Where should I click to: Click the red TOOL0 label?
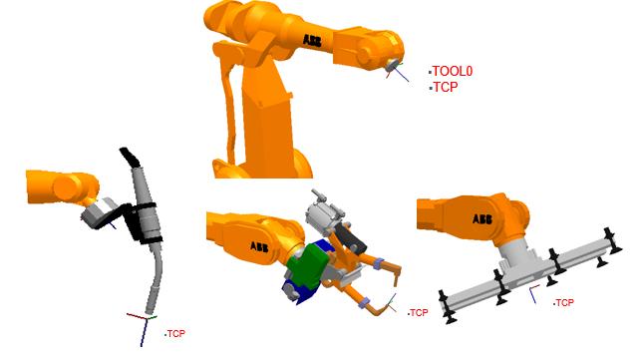click(x=452, y=71)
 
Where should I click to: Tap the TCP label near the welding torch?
click(x=176, y=334)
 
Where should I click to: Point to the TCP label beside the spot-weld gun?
click(x=419, y=313)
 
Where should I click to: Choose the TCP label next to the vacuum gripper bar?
click(x=565, y=303)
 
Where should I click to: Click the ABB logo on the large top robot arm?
click(x=312, y=40)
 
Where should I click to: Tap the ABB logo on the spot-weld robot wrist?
click(x=259, y=246)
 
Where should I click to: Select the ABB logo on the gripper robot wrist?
click(x=482, y=219)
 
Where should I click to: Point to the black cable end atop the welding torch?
click(x=130, y=158)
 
